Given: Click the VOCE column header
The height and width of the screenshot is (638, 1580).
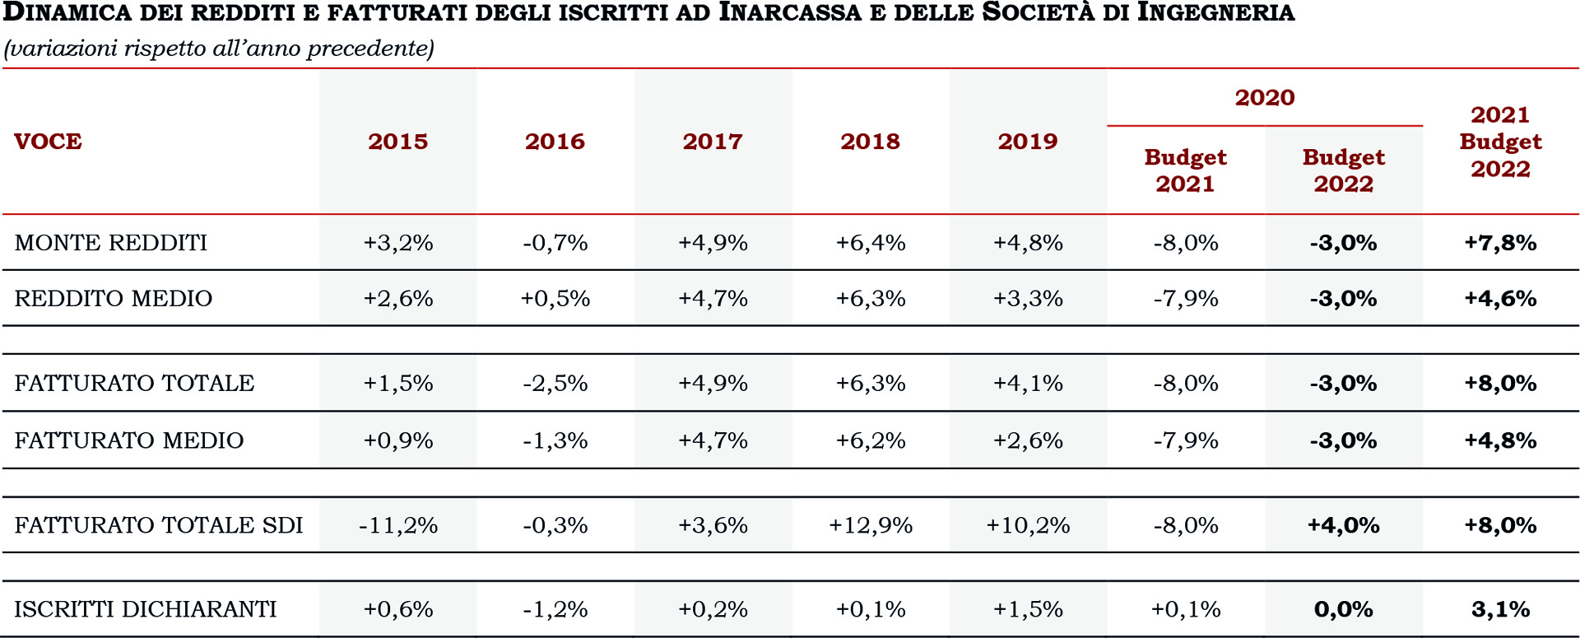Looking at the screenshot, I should [48, 142].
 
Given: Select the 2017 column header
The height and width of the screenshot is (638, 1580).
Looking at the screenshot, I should [713, 142].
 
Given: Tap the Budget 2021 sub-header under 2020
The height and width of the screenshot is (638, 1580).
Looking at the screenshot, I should [1185, 170].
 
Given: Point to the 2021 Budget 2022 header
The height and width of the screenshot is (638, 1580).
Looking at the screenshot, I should [1500, 142].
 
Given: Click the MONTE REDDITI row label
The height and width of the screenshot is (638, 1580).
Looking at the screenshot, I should [111, 243].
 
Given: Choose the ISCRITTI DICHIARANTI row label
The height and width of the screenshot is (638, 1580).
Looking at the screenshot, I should [146, 609].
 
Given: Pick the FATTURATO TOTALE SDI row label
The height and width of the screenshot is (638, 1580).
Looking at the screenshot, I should [159, 525].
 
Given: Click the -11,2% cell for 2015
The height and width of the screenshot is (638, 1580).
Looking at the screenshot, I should [398, 525].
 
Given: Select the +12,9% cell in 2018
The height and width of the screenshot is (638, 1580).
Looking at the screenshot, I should [871, 525].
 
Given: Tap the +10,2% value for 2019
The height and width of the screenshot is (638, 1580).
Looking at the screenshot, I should [1028, 525].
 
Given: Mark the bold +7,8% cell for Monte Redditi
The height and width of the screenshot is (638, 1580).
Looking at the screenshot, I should [1500, 243].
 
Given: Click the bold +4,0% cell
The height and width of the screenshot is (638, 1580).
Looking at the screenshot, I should [1343, 525].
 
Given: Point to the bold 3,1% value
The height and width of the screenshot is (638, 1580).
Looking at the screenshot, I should [1500, 609].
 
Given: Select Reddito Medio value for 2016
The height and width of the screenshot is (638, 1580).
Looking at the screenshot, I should [555, 298].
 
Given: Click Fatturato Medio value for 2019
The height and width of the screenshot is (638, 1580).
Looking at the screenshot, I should [1028, 440].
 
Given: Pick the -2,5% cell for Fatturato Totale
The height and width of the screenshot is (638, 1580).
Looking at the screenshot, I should [555, 383].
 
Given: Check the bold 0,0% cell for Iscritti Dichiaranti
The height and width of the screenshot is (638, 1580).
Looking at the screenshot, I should [1343, 609].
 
